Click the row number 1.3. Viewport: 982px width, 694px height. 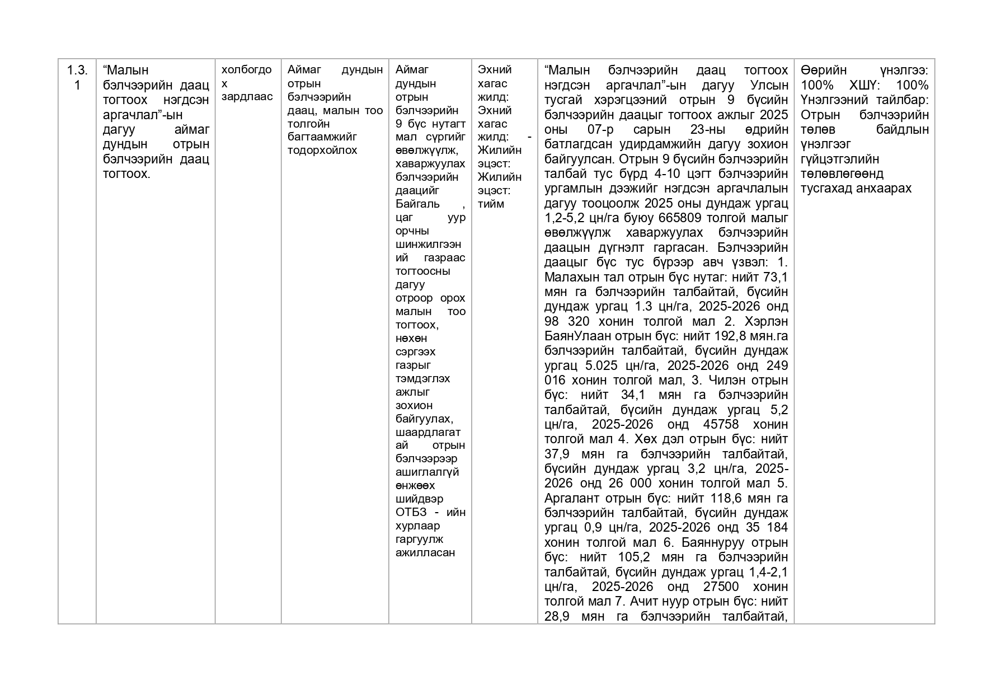point(77,70)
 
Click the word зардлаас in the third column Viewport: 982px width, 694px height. point(247,96)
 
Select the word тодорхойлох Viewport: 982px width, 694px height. point(322,150)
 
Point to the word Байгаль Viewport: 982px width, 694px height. point(417,204)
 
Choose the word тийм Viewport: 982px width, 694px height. point(491,204)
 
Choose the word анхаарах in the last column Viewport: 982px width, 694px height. point(885,188)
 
